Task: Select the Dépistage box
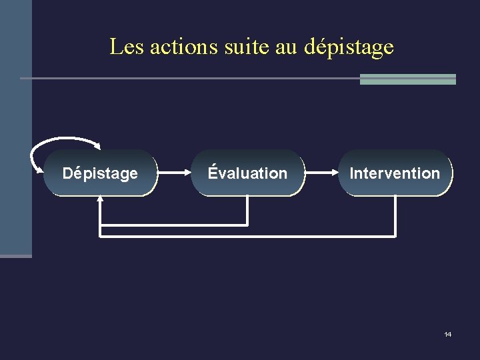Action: (100, 173)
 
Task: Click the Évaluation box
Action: (247, 173)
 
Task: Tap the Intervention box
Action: (395, 173)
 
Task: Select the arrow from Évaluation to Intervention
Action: (321, 173)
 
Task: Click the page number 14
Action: (447, 334)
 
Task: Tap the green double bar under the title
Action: (407, 79)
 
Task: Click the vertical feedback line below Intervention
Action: (395, 216)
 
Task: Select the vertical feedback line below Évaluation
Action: (247, 210)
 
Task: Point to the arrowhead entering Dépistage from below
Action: (100, 199)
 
